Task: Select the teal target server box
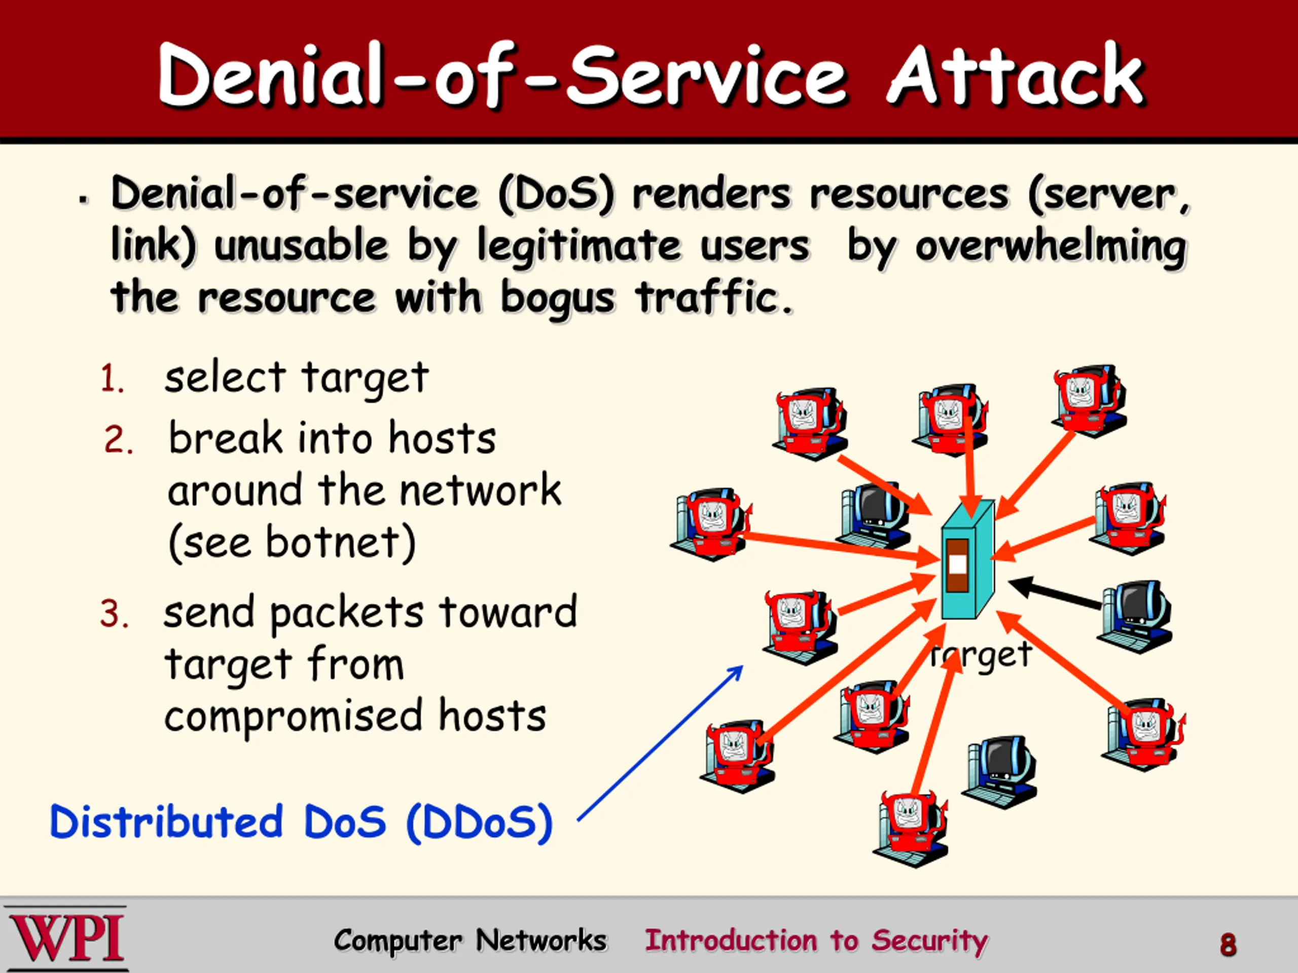tap(967, 560)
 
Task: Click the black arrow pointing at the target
tap(1055, 593)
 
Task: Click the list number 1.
tap(112, 378)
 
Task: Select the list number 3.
tap(114, 615)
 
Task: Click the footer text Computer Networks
tap(470, 941)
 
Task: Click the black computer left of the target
tap(874, 515)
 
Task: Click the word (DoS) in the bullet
tap(556, 194)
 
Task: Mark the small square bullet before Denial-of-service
tap(85, 199)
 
